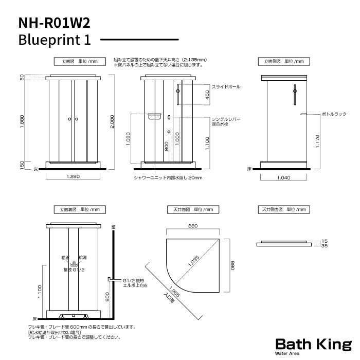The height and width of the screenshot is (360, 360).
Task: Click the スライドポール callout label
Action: coord(226,87)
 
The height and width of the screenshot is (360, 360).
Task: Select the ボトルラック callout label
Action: coord(334,113)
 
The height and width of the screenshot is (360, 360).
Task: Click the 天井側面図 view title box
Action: coord(284,210)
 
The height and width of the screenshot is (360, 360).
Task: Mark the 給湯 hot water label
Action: coord(83,257)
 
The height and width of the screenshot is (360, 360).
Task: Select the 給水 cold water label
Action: coord(66,257)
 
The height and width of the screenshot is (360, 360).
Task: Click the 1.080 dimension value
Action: coord(128,139)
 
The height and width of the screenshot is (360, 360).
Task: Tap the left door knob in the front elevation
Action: coord(69,119)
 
